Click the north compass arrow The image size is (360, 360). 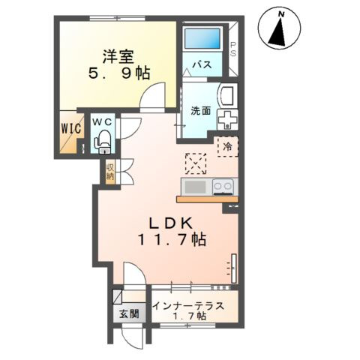[278, 32]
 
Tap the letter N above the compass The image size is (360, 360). [282, 15]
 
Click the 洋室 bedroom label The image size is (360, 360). [118, 57]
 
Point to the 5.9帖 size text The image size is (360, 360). [119, 73]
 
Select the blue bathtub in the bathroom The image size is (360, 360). [202, 38]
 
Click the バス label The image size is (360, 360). [202, 64]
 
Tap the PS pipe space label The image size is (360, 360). [233, 49]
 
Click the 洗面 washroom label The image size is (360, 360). [201, 111]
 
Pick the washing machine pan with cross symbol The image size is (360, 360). [227, 120]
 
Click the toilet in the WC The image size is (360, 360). [102, 142]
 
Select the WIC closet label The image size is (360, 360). [71, 129]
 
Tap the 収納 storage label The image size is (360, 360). [110, 172]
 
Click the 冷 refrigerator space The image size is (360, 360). [227, 147]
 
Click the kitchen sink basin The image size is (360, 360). [195, 187]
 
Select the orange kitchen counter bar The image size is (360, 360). [208, 199]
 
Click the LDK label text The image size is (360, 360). [171, 223]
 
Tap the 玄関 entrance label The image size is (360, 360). [129, 313]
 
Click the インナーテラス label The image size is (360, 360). [188, 306]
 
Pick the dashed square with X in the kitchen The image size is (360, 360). [196, 163]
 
